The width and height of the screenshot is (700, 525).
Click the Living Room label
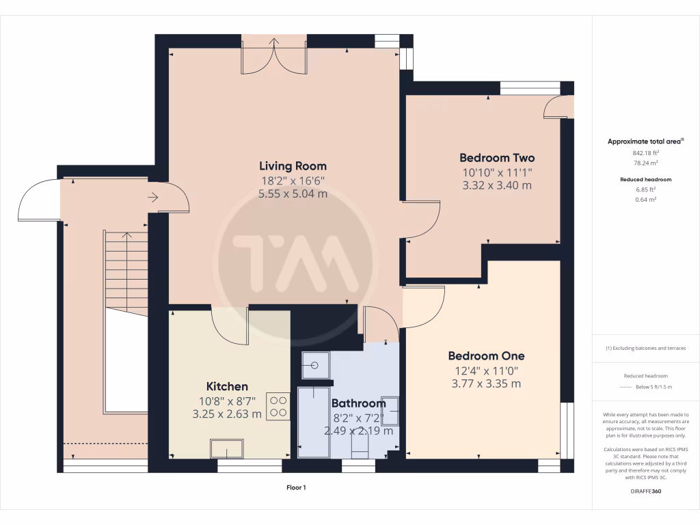(x=293, y=165)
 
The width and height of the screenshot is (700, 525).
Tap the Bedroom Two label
(x=497, y=157)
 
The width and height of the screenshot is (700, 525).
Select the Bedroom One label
(x=486, y=355)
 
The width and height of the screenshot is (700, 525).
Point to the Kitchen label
(x=227, y=386)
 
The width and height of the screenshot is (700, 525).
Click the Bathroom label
(x=359, y=403)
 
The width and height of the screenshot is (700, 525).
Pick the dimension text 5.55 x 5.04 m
(x=293, y=194)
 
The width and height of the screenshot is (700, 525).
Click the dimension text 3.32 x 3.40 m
(x=497, y=185)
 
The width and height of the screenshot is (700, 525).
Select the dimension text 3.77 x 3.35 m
(x=486, y=383)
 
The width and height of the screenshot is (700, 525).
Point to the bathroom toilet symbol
(x=360, y=448)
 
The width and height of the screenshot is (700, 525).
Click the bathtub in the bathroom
(x=314, y=422)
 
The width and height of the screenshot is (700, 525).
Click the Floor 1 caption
(x=296, y=487)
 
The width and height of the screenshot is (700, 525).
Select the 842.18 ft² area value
(x=646, y=154)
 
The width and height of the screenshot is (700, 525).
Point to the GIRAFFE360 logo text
(x=646, y=491)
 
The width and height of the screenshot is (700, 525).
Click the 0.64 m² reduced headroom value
(x=646, y=200)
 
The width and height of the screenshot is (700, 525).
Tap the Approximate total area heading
(x=645, y=142)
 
